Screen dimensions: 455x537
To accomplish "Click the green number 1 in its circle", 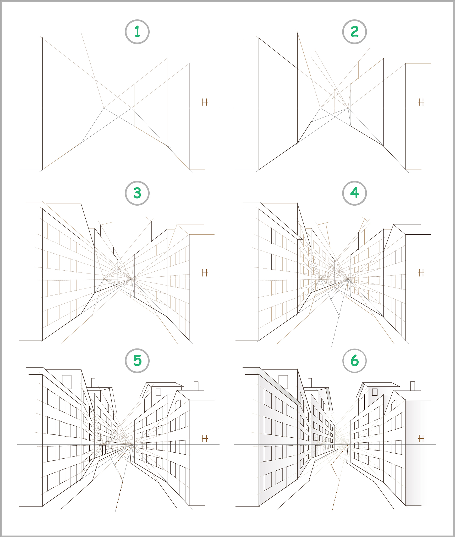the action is pos(137,32).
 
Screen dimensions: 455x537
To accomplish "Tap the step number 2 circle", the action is pos(354,32).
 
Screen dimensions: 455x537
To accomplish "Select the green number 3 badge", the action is pos(137,193).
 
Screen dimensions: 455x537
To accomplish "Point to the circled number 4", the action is pos(354,193).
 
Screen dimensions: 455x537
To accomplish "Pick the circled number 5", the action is pos(137,361).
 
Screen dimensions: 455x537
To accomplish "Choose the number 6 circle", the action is pos(354,361).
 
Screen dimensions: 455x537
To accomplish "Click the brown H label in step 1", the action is pos(205,102).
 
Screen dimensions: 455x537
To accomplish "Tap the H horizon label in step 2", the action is pos(421,102).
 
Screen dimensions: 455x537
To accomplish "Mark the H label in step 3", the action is pos(205,273).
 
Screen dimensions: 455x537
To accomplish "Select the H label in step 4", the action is pos(421,273).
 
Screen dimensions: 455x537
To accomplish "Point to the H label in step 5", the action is pos(205,438).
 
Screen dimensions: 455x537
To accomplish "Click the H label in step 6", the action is pos(421,438).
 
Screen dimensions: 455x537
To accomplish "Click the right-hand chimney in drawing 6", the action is pos(413,386).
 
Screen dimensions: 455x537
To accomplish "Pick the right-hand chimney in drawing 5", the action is pos(196,386).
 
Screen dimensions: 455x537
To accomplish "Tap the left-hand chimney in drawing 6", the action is pos(310,383).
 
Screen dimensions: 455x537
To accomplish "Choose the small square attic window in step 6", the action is pos(375,392).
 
